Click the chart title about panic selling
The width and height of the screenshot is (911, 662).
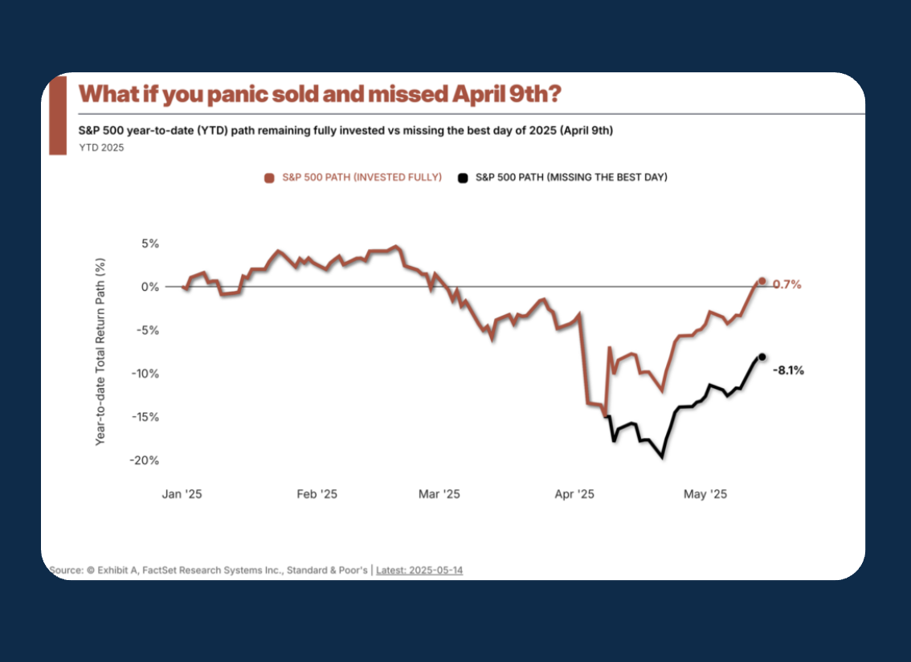[319, 94]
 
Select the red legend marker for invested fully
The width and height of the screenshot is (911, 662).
[269, 177]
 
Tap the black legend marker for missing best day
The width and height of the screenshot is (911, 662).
[463, 177]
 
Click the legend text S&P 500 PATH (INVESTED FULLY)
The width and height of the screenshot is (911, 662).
[362, 177]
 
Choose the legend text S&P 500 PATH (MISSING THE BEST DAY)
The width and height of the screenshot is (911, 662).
[571, 177]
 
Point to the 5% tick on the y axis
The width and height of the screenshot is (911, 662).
[150, 243]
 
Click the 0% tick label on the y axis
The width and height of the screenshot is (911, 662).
[150, 287]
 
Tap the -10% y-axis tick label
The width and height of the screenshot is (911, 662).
[147, 374]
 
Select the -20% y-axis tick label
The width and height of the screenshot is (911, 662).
[147, 460]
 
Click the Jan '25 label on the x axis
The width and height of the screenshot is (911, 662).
[182, 494]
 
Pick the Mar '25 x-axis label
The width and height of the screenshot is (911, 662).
[439, 494]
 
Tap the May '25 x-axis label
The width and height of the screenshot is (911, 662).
[705, 494]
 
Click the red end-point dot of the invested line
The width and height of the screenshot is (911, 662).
[762, 281]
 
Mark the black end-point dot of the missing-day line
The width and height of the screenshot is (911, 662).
[762, 357]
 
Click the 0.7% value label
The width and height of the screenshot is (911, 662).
[787, 284]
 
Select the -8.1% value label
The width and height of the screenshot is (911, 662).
[788, 370]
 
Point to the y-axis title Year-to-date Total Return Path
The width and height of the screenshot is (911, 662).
[100, 352]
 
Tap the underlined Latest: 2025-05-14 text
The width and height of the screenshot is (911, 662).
[419, 570]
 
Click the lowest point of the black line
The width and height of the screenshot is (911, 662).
[662, 457]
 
